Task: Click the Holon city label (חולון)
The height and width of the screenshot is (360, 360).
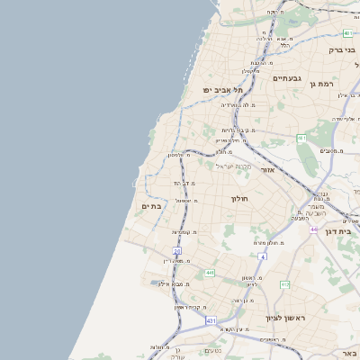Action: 239,198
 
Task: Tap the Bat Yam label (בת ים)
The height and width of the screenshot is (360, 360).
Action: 150,206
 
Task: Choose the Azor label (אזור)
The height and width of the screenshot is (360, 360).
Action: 266,169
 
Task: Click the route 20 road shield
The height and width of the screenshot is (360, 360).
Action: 177,251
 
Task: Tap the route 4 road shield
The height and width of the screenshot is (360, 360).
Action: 263,256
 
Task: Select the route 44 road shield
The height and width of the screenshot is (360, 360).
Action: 313,229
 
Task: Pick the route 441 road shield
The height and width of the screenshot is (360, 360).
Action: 209,273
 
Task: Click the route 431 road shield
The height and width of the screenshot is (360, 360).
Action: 211,320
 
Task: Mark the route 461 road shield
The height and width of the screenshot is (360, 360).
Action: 301,138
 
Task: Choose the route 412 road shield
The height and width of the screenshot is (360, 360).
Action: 284,284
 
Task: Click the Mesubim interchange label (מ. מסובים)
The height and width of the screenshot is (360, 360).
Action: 332,151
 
